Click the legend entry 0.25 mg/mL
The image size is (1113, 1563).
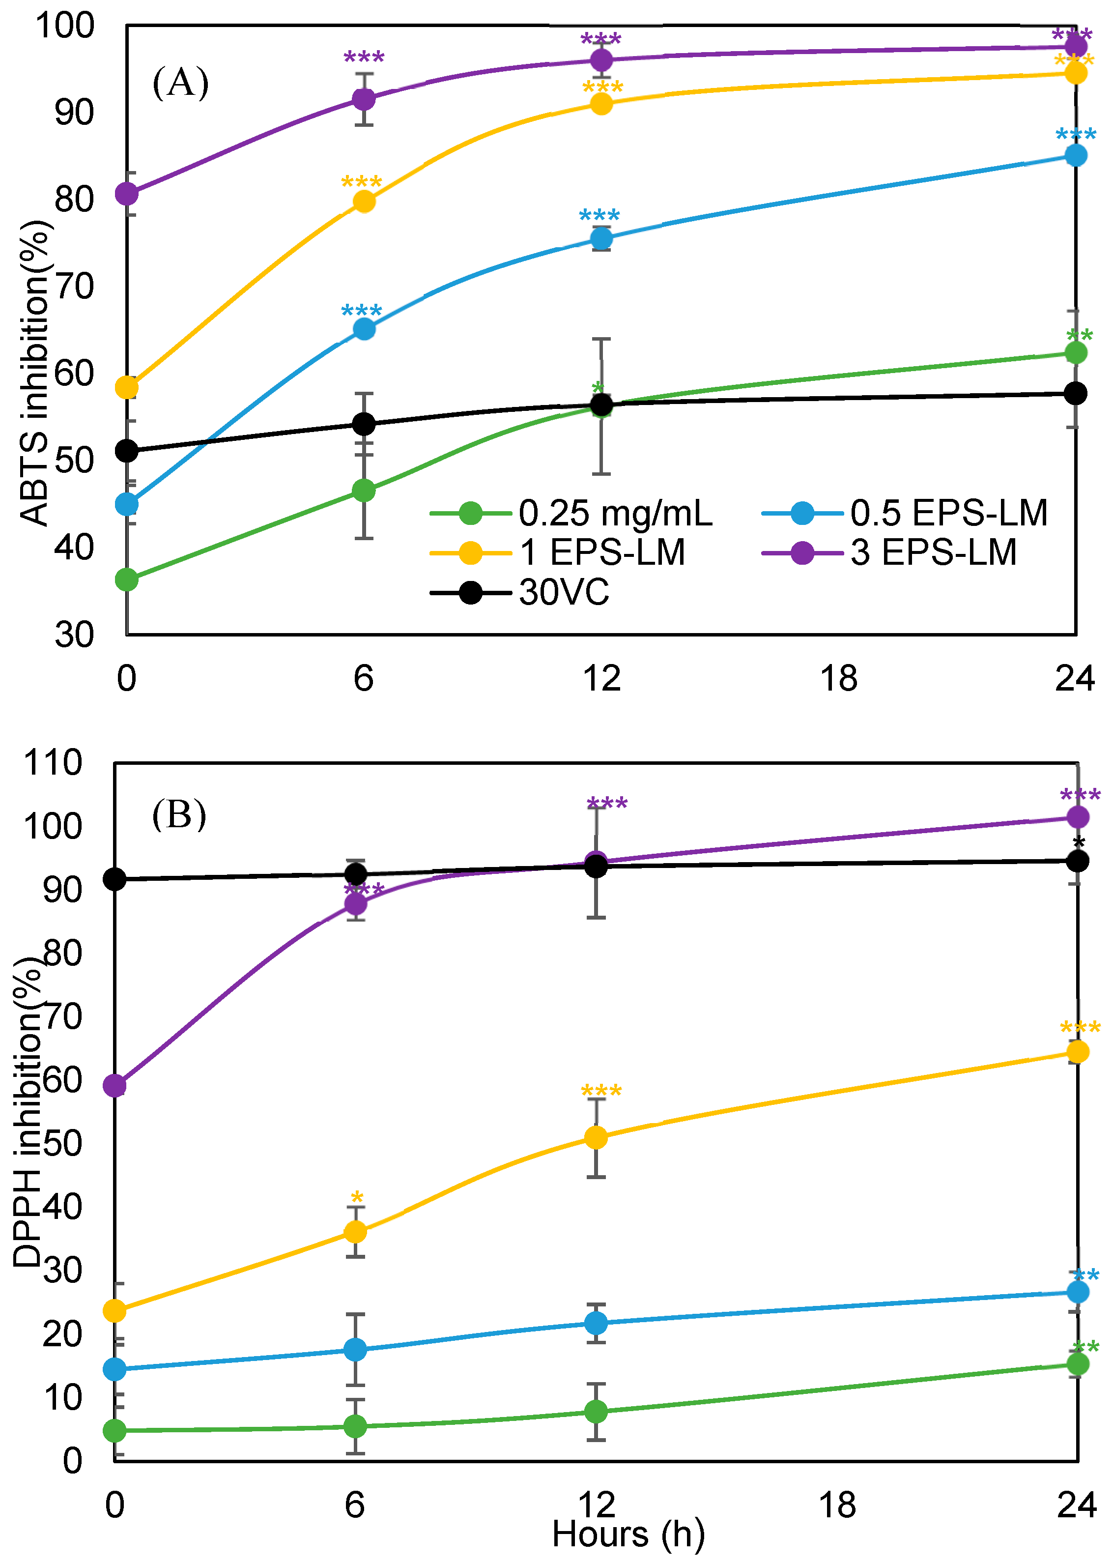615,513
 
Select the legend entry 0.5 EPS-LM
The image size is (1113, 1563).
948,513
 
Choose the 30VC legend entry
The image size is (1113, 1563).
563,592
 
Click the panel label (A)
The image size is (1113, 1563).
180,83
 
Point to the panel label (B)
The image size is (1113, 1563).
179,815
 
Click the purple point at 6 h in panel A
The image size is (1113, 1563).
364,99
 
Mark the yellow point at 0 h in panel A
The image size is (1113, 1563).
127,388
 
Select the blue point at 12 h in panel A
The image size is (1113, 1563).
601,238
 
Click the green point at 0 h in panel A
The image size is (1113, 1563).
127,580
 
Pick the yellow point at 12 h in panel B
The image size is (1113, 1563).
596,1138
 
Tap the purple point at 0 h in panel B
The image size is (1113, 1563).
114,1086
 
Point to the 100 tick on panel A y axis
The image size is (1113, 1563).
65,26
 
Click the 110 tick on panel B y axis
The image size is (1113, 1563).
54,762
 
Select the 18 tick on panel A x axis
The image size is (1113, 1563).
838,679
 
